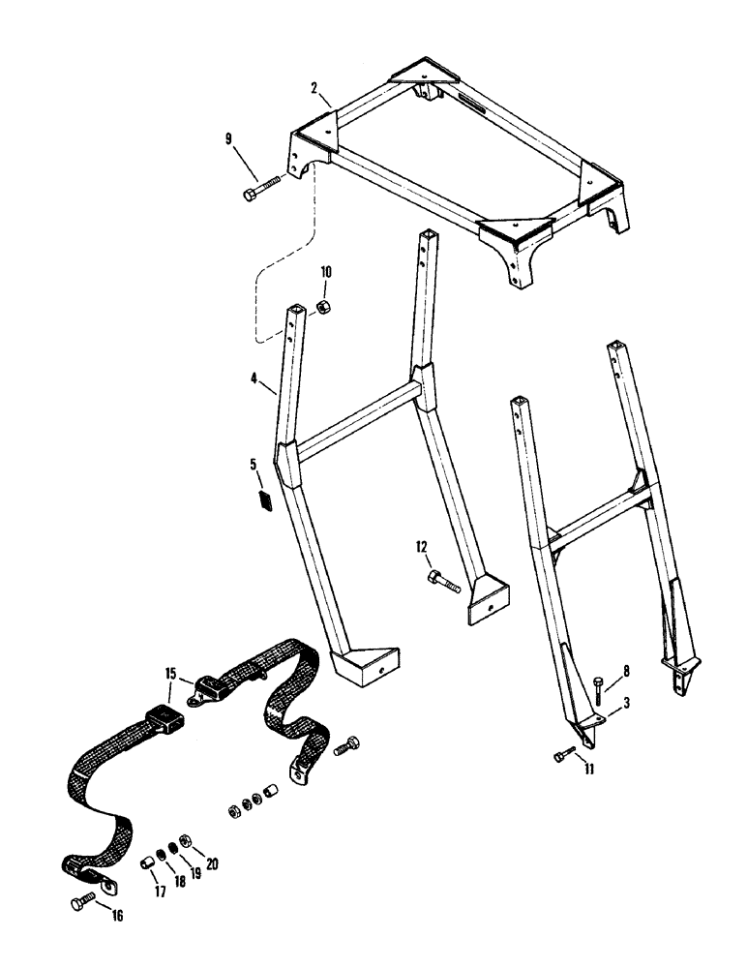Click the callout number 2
316,87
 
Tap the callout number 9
230,139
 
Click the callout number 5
254,466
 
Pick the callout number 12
422,549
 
